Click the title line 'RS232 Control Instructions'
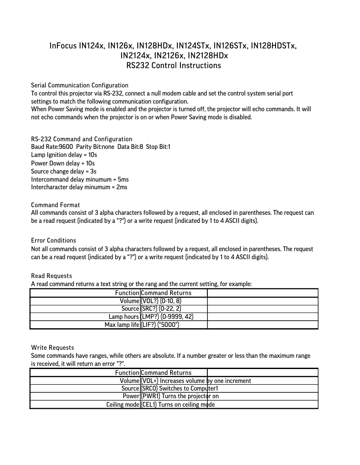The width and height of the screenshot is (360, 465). pyautogui.click(x=174, y=66)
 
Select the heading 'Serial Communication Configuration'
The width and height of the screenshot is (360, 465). pyautogui.click(x=79, y=85)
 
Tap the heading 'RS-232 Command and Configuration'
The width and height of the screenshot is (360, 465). pyautogui.click(x=82, y=139)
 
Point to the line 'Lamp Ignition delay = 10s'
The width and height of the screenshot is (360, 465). pyautogui.click(x=64, y=155)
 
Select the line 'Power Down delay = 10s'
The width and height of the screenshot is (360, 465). pyautogui.click(x=62, y=163)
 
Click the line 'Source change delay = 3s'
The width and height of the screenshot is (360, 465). pyautogui.click(x=64, y=171)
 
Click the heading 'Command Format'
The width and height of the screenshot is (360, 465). pyautogui.click(x=56, y=205)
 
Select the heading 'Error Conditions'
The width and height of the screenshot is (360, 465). pyautogui.click(x=53, y=241)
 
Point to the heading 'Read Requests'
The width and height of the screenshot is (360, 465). pyautogui.click(x=51, y=276)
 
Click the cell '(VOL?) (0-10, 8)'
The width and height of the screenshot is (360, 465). pyautogui.click(x=161, y=301)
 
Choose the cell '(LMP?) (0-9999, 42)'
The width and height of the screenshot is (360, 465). pyautogui.click(x=167, y=317)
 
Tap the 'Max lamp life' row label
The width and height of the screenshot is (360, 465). pyautogui.click(x=122, y=325)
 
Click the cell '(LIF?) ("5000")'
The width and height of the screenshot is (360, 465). pyautogui.click(x=160, y=325)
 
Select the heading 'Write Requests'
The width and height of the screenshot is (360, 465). pyautogui.click(x=53, y=348)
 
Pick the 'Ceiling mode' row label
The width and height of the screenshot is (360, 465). pyautogui.click(x=123, y=404)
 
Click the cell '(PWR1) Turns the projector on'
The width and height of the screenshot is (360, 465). pyautogui.click(x=180, y=396)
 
